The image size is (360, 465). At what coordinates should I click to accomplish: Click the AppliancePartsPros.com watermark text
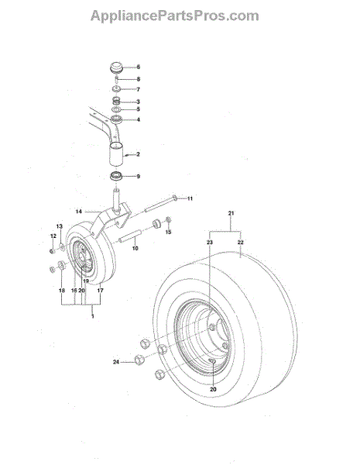tap(174, 16)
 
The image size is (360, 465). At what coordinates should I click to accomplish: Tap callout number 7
tap(138, 89)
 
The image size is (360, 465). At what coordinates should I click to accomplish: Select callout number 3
tap(138, 102)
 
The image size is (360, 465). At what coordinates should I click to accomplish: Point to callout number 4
tap(138, 120)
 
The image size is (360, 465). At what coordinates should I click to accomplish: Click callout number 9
tap(138, 177)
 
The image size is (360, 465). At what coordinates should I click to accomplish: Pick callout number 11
tap(190, 198)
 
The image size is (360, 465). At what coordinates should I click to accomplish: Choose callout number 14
tap(78, 212)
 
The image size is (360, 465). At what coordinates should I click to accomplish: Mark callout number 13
tap(60, 226)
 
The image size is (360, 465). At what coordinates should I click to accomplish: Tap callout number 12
tap(53, 236)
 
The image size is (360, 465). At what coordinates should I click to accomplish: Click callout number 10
tap(135, 248)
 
